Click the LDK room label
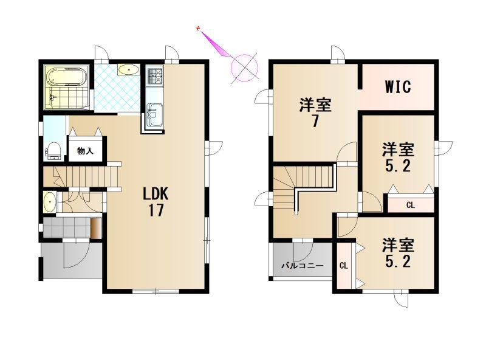tap(156, 194)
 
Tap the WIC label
tap(398, 86)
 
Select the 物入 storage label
tap(85, 151)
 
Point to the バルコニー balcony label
tap(302, 266)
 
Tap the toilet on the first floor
tap(54, 151)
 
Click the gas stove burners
tap(154, 76)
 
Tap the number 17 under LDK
tap(156, 210)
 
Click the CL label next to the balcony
tap(344, 266)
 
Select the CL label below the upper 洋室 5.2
tap(411, 205)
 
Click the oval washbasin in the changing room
tap(128, 70)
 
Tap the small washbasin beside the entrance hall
tap(50, 202)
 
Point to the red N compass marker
tap(197, 29)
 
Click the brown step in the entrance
tap(96, 228)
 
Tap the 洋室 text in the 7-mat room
tap(315, 105)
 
